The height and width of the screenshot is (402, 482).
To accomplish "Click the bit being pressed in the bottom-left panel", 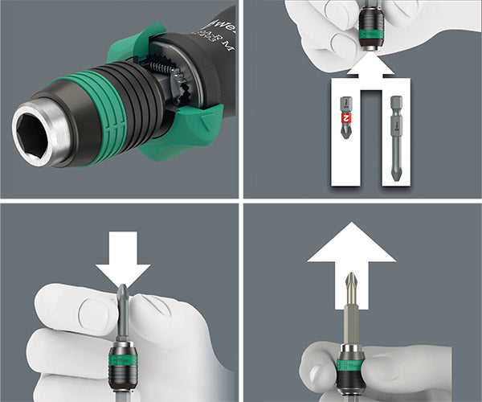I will tap(123, 310).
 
